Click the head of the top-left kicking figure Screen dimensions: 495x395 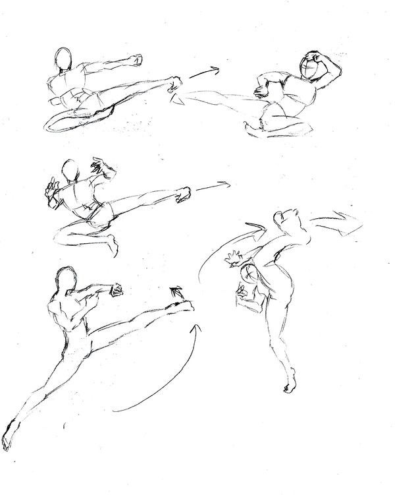pyautogui.click(x=64, y=59)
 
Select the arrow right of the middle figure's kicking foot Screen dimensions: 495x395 pyautogui.click(x=212, y=187)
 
